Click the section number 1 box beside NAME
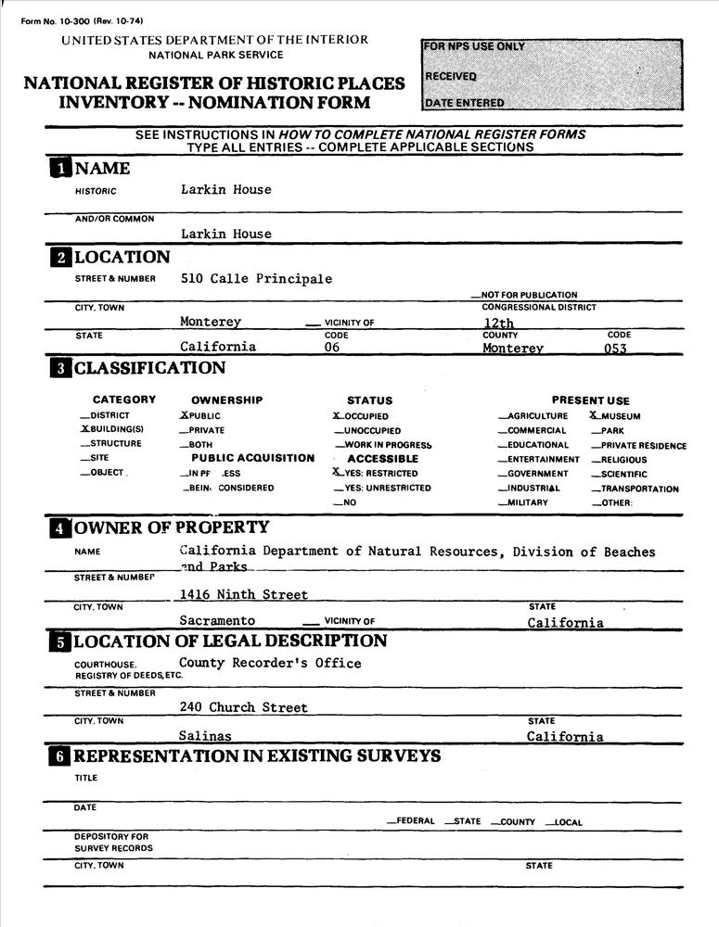[59, 168]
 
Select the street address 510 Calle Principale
[256, 278]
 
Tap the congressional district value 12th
[486, 323]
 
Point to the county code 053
[615, 349]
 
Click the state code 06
[332, 348]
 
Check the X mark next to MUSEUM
[595, 416]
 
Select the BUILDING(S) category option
[111, 430]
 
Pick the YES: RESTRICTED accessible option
[375, 473]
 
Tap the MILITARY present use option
[528, 502]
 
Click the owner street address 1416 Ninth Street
[244, 594]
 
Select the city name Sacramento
[217, 621]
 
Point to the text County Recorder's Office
[270, 663]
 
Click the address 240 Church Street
[244, 707]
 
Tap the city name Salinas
[205, 736]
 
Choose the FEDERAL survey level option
[413, 821]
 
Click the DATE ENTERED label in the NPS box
[465, 103]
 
